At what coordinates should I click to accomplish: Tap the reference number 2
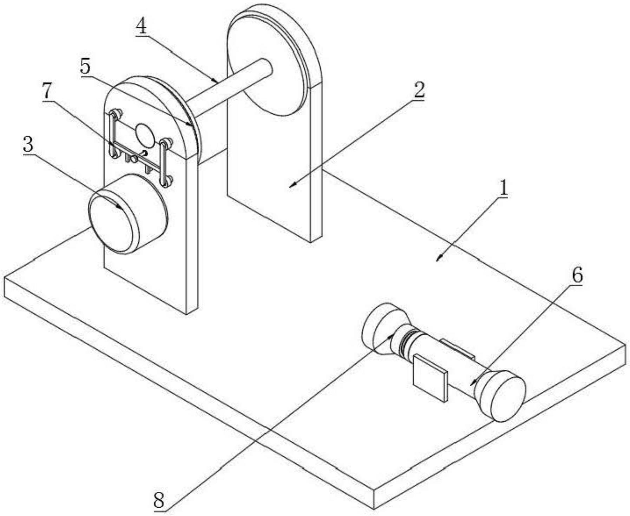(x=419, y=90)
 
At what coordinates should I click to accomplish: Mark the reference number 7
(x=48, y=92)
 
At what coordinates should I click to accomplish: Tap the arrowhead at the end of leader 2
(x=292, y=186)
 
